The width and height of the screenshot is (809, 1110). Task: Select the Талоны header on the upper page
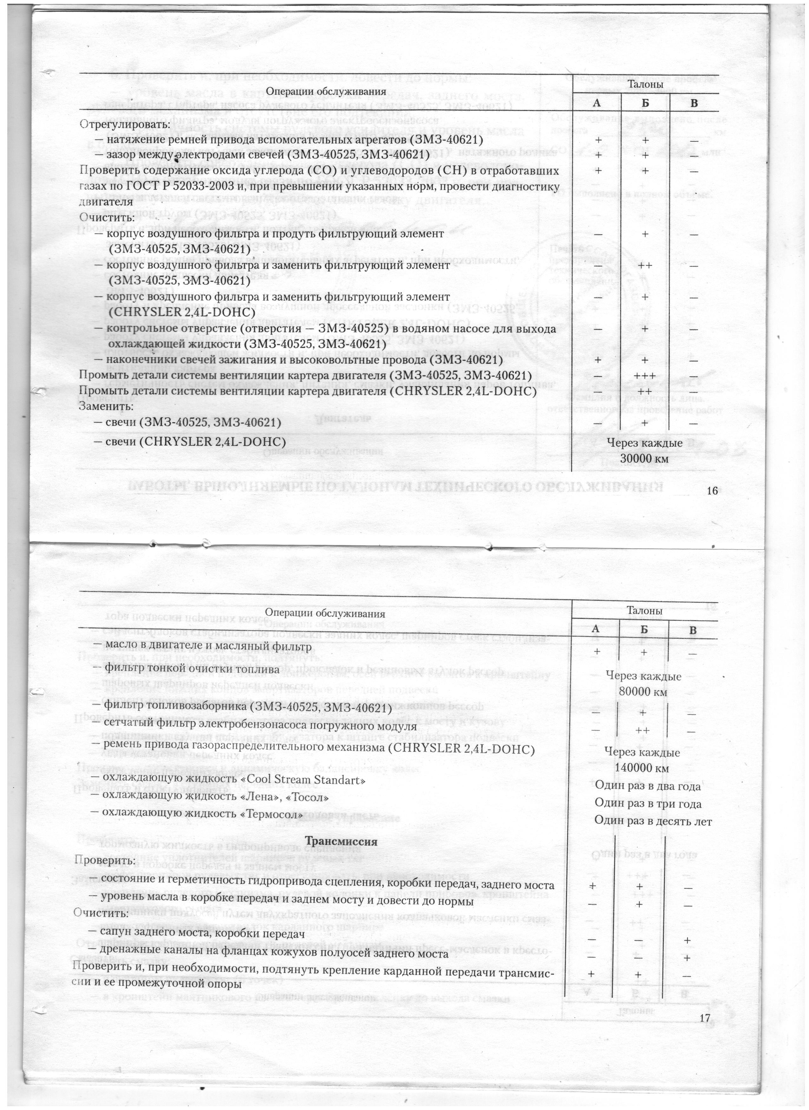645,85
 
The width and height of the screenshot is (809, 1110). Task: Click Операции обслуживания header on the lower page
325,613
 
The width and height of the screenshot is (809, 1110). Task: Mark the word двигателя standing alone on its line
106,202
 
